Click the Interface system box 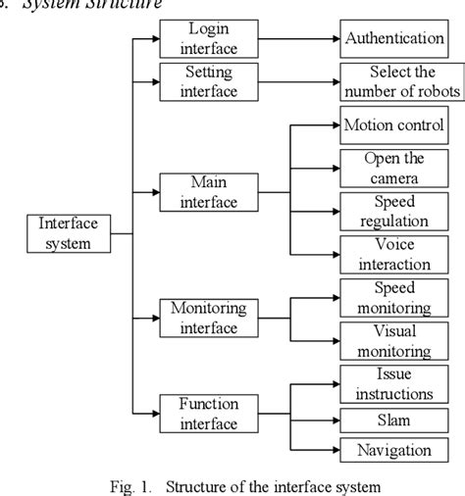click(68, 232)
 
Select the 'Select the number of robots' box click(401, 80)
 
